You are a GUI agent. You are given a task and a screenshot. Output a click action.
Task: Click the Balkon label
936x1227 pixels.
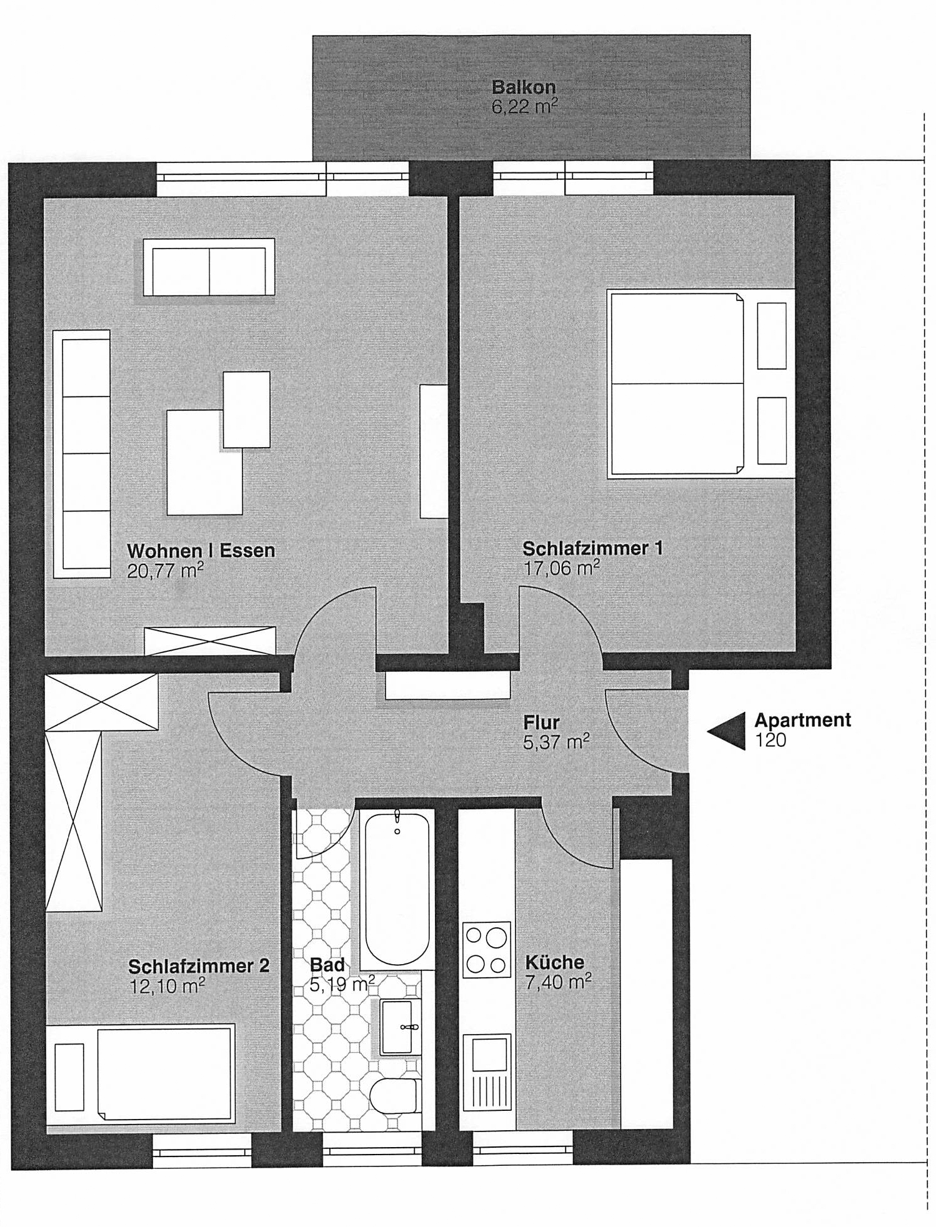point(524,86)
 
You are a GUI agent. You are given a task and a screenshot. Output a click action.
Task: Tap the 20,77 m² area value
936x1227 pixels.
point(166,570)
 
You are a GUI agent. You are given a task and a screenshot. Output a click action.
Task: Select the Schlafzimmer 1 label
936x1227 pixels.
point(592,548)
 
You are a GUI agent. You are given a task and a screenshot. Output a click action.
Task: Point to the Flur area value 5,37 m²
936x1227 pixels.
point(556,742)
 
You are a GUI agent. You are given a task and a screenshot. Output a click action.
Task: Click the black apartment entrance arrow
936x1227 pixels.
point(726,731)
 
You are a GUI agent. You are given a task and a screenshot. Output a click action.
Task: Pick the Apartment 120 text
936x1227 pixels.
point(802,730)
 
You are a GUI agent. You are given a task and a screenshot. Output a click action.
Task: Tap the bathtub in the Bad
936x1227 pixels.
point(397,890)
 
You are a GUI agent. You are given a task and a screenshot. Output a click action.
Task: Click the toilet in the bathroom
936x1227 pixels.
point(394,1096)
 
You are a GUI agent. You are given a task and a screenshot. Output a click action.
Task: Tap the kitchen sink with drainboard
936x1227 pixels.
point(486,1072)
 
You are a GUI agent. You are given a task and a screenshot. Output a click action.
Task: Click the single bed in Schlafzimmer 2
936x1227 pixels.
point(141,1074)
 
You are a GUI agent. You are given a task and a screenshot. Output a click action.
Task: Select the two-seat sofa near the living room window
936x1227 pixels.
point(209,267)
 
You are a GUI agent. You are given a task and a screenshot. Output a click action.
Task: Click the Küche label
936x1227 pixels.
point(554,962)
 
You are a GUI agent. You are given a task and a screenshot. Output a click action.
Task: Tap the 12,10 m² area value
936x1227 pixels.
point(166,986)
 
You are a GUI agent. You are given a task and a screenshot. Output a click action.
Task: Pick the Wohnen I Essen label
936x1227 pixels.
point(201,551)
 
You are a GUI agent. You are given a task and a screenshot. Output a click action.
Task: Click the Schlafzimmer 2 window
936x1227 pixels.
point(202,1151)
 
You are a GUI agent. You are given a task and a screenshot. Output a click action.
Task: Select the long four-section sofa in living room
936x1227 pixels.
point(82,454)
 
